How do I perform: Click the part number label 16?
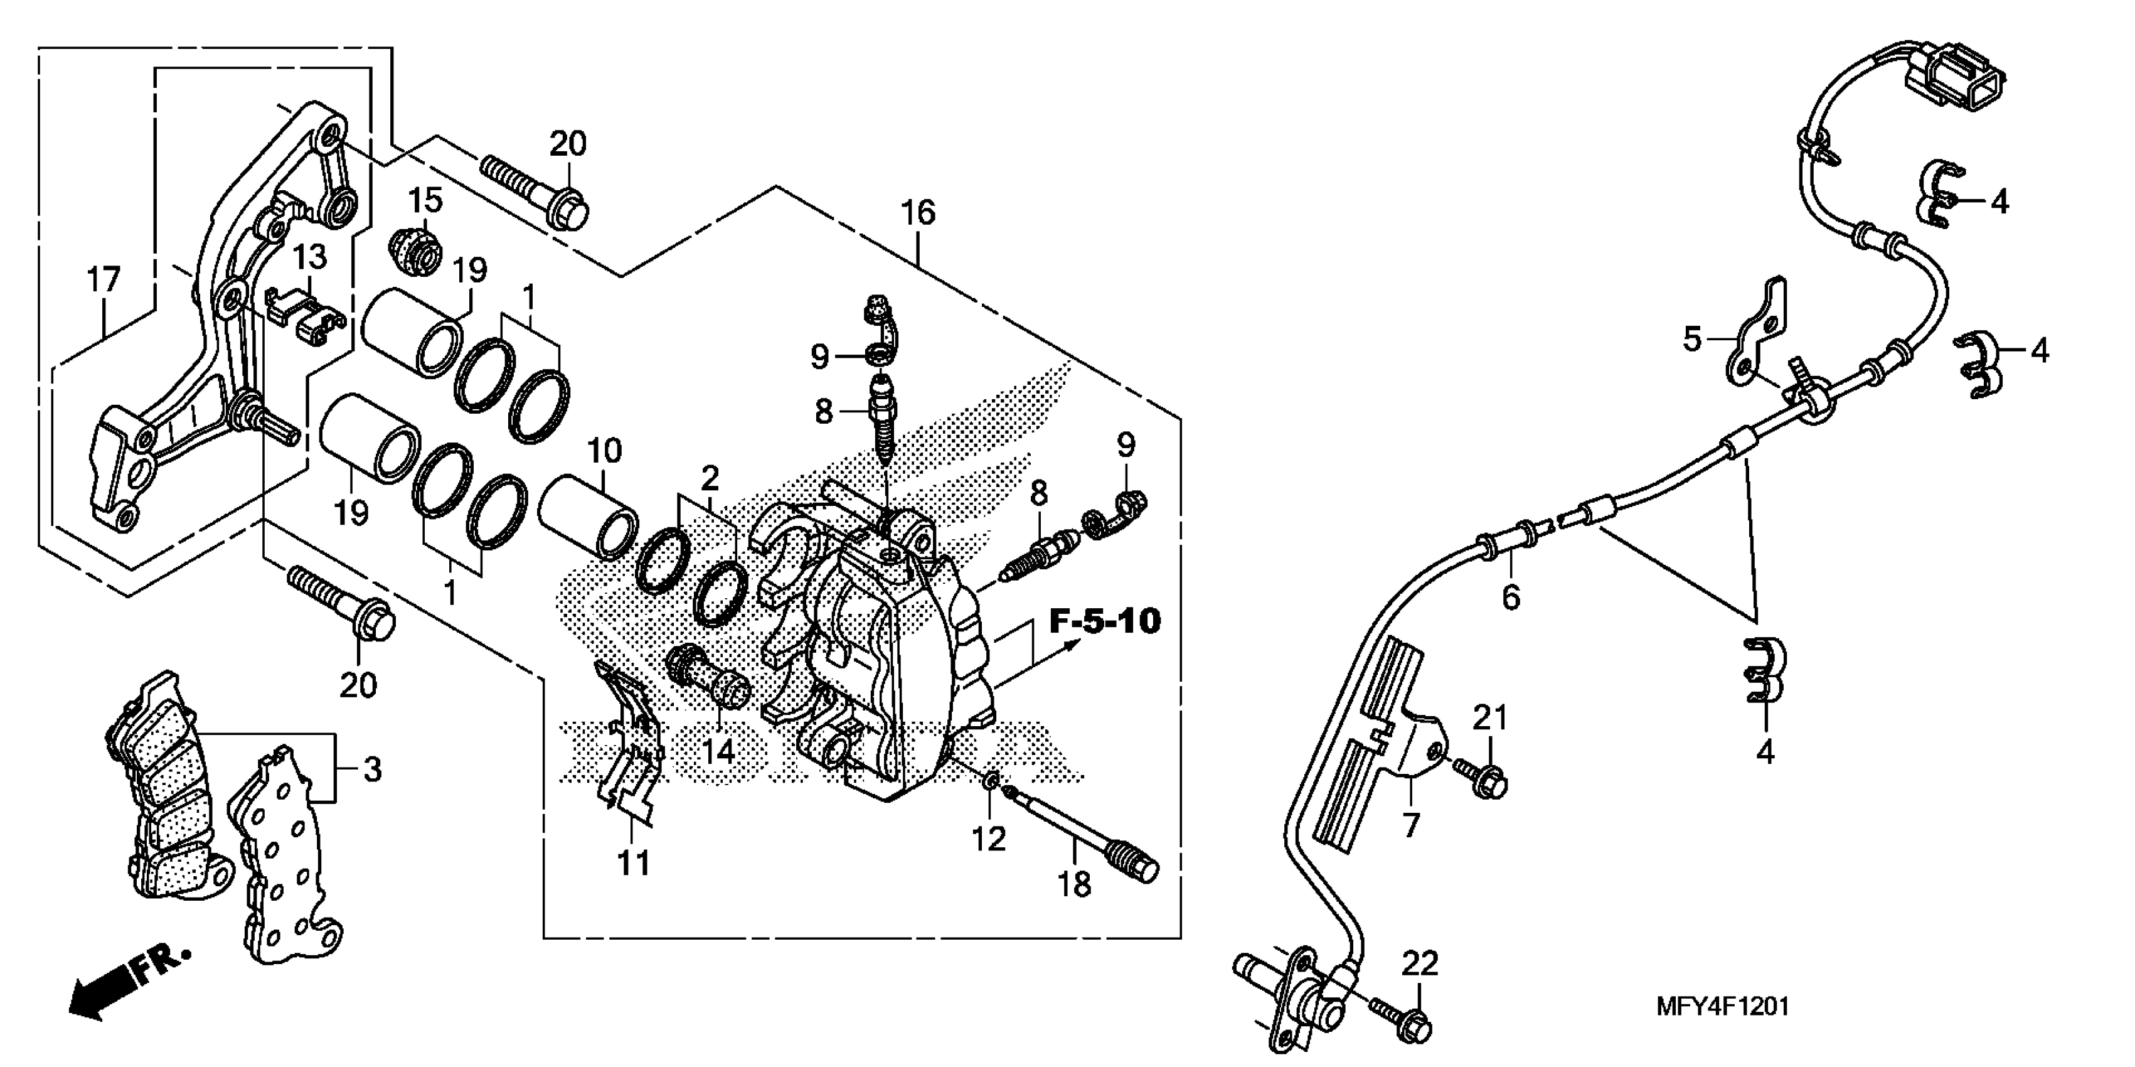[x=917, y=214]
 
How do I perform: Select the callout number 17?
[x=104, y=280]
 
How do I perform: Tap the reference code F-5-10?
[x=1105, y=621]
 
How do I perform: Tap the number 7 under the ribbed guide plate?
[x=1410, y=826]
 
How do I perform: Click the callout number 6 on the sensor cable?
[x=1511, y=597]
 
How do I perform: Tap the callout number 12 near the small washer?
[x=989, y=839]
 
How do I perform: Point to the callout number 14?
[x=718, y=751]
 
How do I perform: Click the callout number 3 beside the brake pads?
[x=372, y=770]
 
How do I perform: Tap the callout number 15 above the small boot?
[x=425, y=201]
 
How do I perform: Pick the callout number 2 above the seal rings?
[x=710, y=478]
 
